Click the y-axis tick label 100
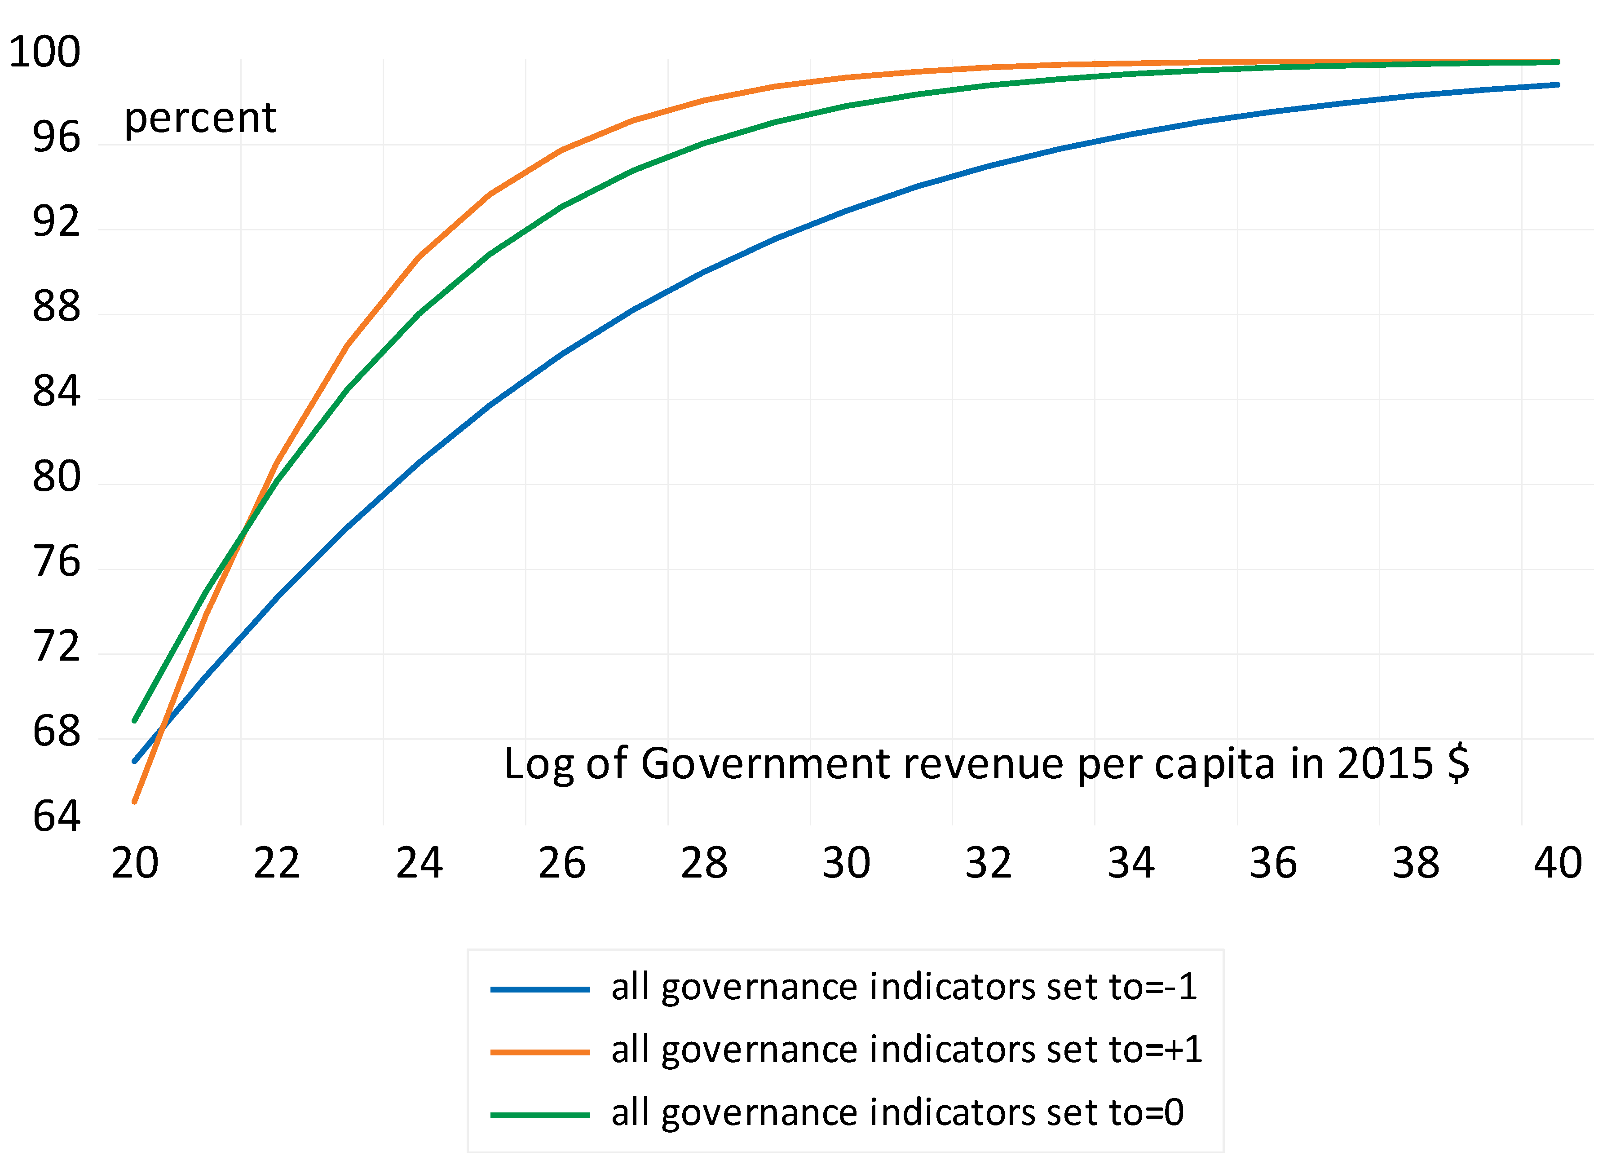click(x=44, y=52)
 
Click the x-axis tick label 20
click(x=135, y=864)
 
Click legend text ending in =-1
click(x=904, y=988)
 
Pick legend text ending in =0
click(x=897, y=1113)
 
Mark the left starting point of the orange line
click(x=135, y=802)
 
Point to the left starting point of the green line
click(x=135, y=721)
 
